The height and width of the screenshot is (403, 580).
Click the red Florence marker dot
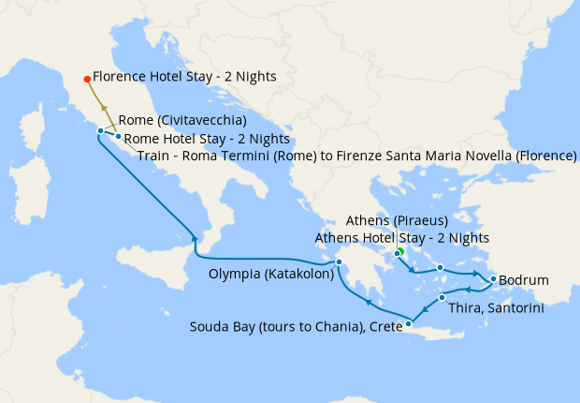(87, 79)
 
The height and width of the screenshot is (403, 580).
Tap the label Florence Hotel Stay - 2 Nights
(184, 78)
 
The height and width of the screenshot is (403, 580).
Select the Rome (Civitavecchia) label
(182, 121)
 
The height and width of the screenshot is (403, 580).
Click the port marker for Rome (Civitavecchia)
(100, 131)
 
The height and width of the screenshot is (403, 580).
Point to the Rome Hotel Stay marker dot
(118, 138)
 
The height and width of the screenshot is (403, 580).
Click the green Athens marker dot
(399, 251)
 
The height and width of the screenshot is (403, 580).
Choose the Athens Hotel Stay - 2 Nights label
(402, 238)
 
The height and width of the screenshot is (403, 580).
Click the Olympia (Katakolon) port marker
(340, 262)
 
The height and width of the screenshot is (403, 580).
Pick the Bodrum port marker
(493, 278)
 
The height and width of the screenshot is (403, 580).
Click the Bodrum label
(524, 280)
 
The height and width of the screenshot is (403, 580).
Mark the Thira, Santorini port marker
(442, 298)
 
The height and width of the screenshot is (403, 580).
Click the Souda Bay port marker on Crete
(409, 323)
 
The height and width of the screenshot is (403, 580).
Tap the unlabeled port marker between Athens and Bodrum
(440, 268)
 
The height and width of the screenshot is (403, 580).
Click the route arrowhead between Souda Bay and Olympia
(369, 303)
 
